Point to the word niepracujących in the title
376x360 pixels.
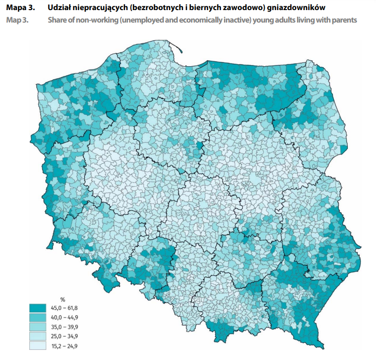(103, 9)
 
